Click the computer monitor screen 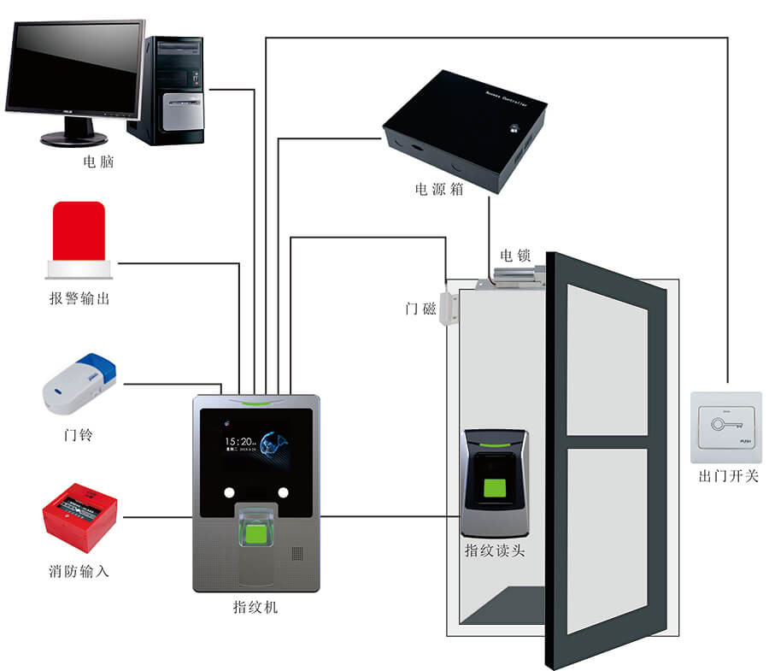(x=75, y=68)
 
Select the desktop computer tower (x=172, y=90)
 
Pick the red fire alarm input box (x=79, y=517)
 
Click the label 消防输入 (x=79, y=571)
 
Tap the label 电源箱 (x=439, y=190)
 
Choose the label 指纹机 (x=255, y=608)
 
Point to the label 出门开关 (x=728, y=476)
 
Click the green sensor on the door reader (x=495, y=490)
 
